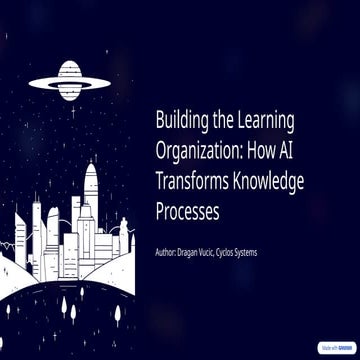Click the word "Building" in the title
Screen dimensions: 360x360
181,122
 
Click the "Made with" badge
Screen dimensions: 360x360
334,348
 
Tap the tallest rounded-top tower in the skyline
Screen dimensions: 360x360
91,200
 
